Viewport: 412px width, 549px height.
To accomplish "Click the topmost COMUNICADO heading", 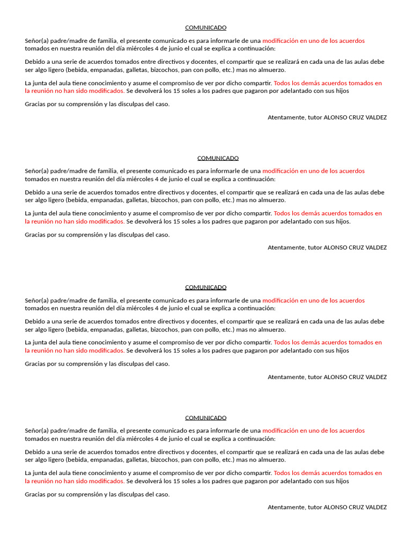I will tap(205, 27).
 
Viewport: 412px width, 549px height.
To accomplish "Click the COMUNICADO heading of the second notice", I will tap(218, 158).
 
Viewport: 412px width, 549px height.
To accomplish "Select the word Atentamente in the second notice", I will tap(286, 247).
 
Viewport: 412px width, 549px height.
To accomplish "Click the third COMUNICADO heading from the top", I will tap(205, 287).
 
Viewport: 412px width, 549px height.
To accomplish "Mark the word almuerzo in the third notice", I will tap(271, 329).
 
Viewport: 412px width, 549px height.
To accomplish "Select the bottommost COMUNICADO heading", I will tap(205, 418).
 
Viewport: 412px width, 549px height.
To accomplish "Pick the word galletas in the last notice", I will tap(136, 459).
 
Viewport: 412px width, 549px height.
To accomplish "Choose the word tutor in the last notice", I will tap(315, 507).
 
